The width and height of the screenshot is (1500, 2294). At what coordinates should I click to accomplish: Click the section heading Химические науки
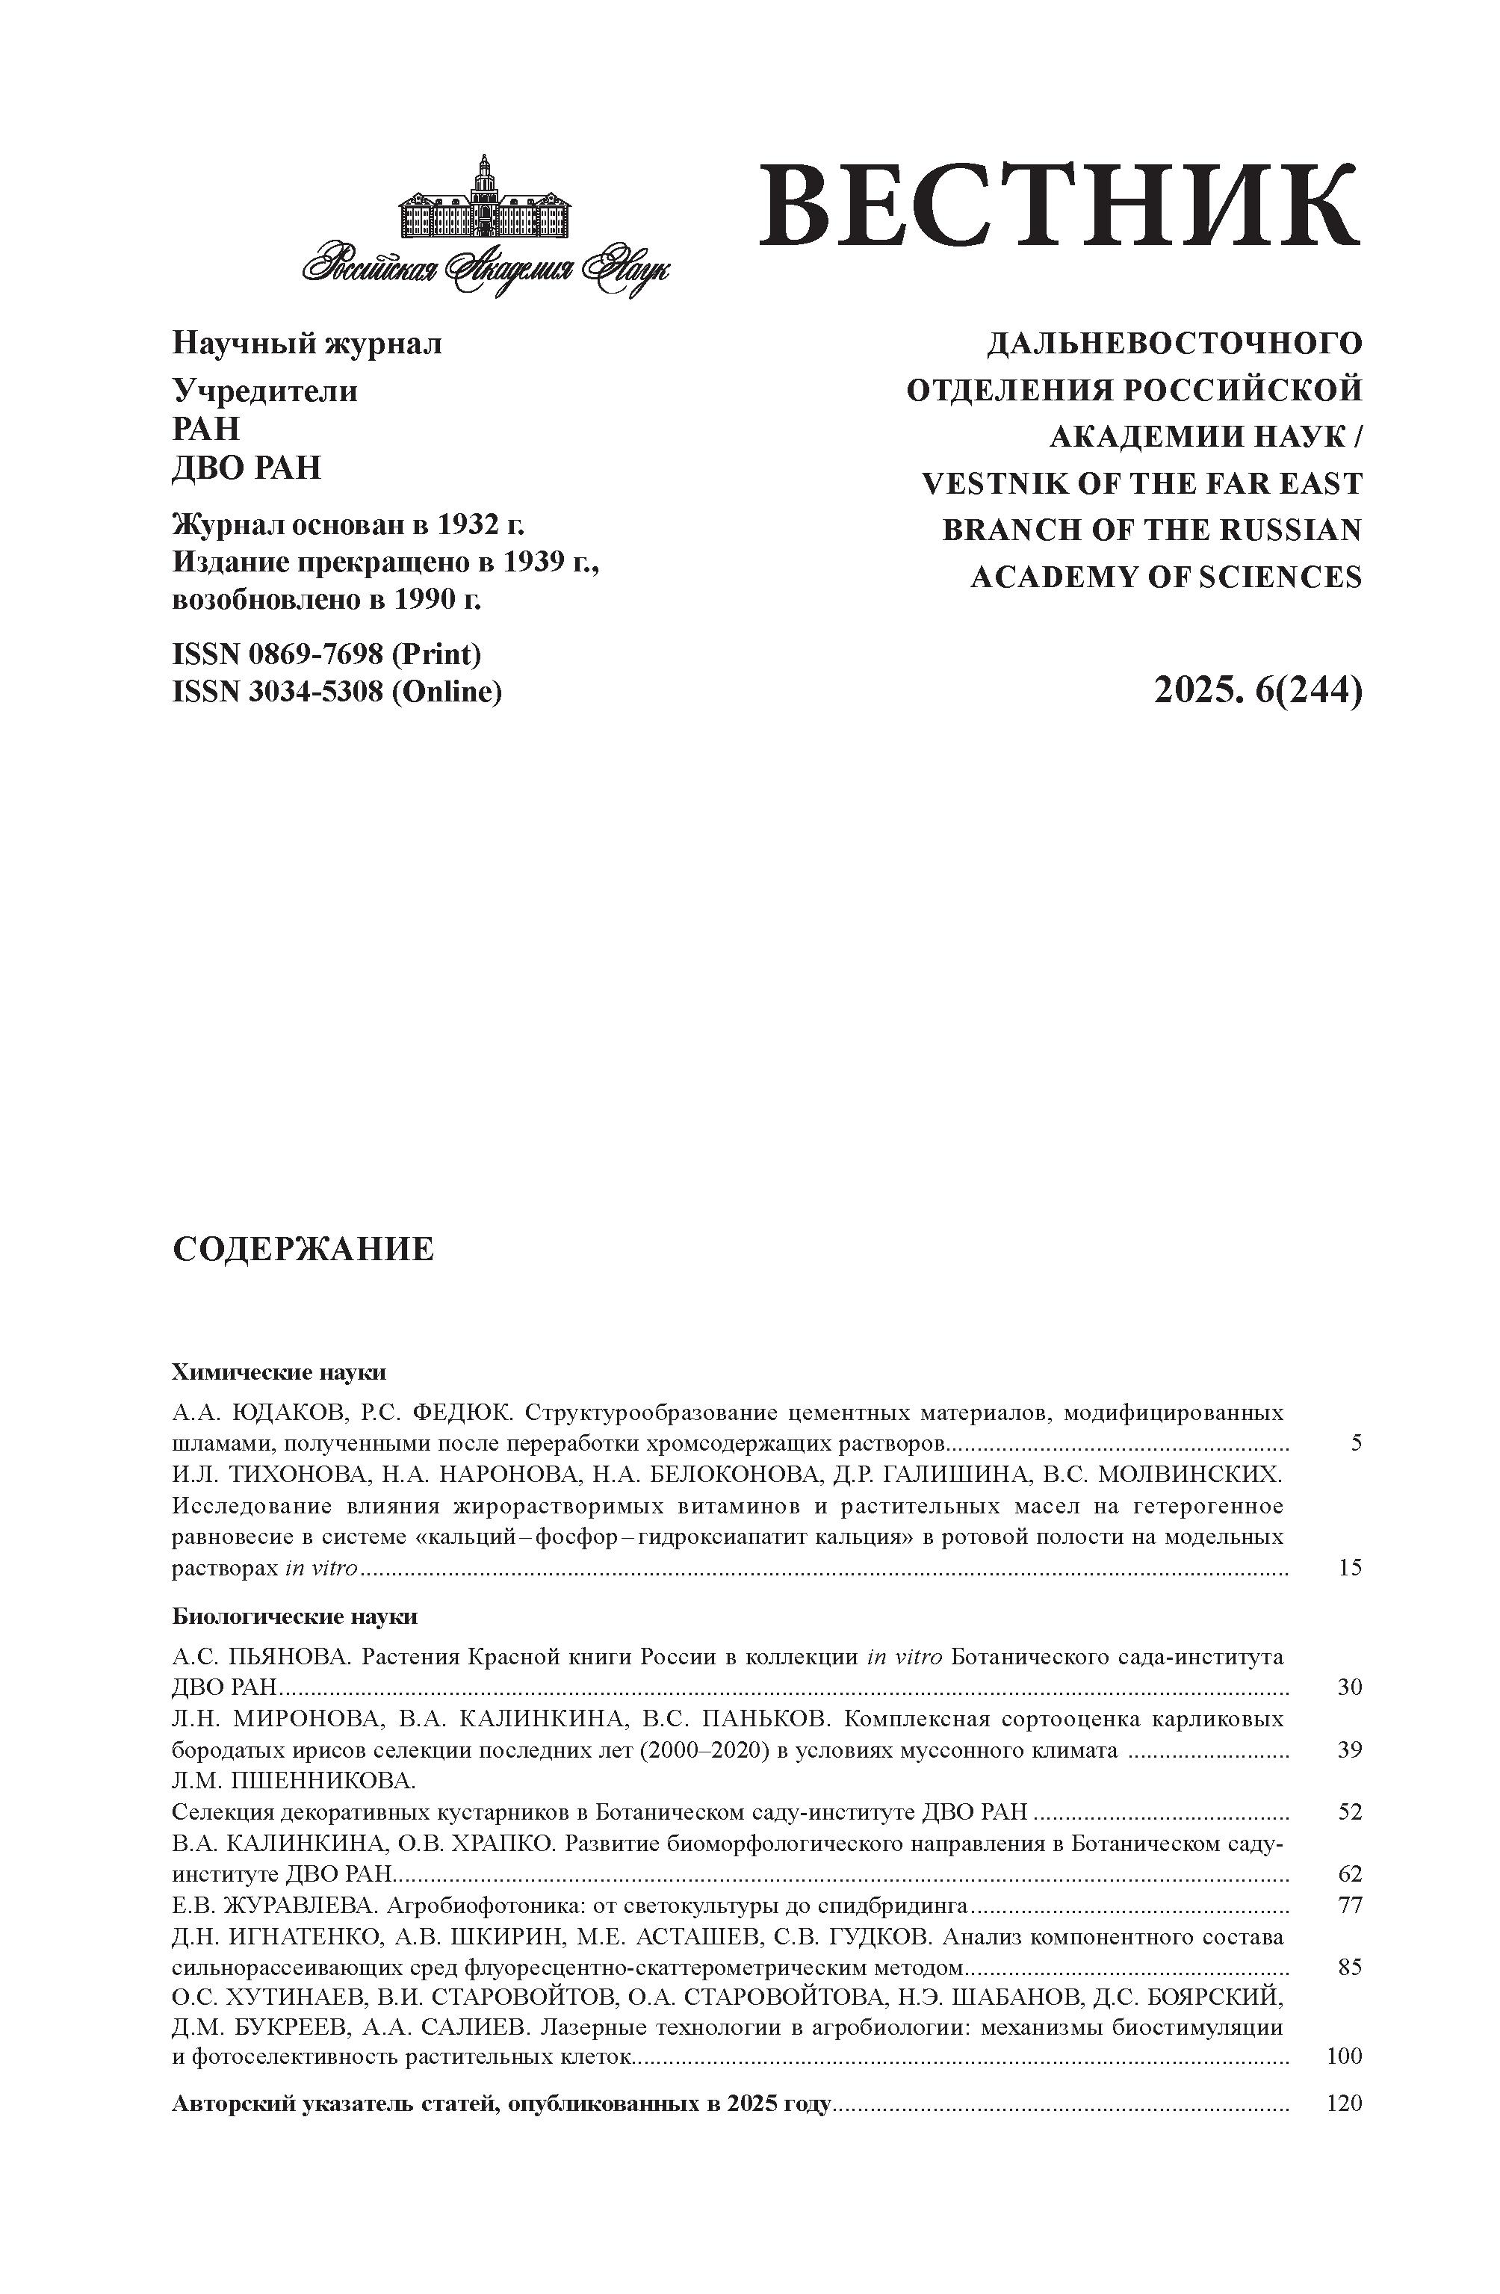click(279, 1371)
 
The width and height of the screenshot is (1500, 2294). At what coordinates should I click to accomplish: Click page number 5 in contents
click(1355, 1443)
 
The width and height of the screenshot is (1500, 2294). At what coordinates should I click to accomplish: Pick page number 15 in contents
click(1350, 1568)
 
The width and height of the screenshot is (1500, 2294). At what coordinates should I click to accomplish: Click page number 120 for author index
click(1344, 2104)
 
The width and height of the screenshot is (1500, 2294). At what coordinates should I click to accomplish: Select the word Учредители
click(264, 391)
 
